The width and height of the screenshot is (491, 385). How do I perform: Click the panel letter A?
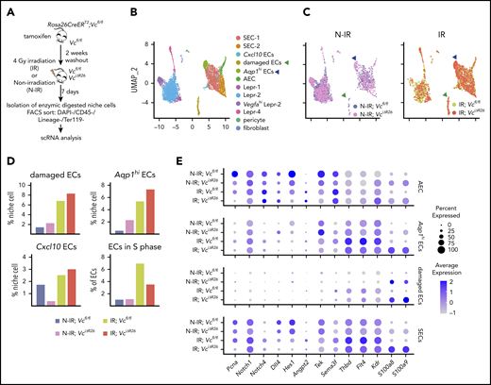7,9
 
